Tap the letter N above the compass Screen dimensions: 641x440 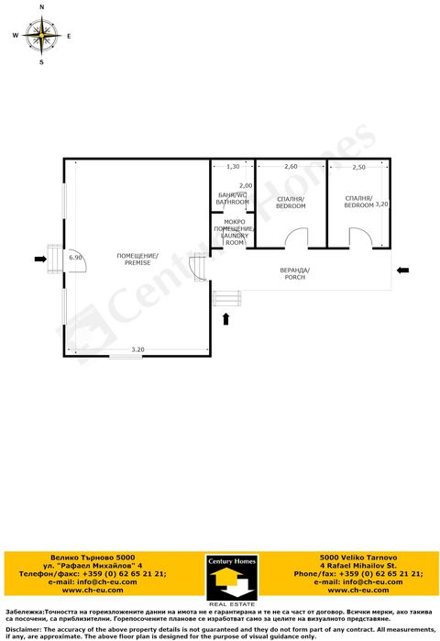click(41, 7)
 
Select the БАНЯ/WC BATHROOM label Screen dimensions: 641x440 click(233, 198)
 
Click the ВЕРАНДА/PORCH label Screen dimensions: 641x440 click(295, 272)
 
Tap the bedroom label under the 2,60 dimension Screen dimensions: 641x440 click(291, 203)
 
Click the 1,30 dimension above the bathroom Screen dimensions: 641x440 click(233, 167)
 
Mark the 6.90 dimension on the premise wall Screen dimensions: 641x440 click(76, 258)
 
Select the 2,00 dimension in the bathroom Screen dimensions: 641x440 click(246, 186)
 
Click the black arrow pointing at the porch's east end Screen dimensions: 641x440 click(403, 271)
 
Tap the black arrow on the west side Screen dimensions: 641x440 click(39, 260)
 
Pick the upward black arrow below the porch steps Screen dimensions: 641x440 click(226, 318)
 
